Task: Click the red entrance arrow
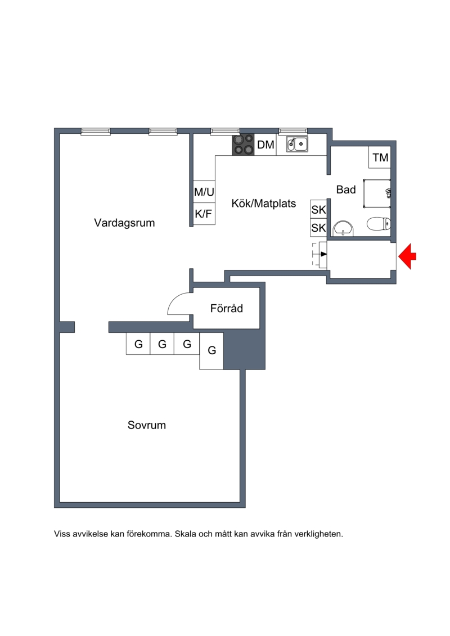(x=407, y=256)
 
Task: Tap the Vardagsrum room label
(x=124, y=223)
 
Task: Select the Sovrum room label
(x=146, y=425)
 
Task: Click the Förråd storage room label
(x=227, y=308)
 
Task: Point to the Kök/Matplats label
(x=264, y=203)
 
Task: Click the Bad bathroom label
(x=346, y=190)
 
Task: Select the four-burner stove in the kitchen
(x=243, y=145)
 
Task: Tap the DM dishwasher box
(x=265, y=145)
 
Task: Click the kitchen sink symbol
(x=297, y=144)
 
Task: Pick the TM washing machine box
(x=380, y=157)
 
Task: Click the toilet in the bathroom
(x=379, y=223)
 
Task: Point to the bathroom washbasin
(x=343, y=229)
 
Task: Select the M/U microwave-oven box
(x=204, y=191)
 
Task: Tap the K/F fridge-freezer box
(x=204, y=213)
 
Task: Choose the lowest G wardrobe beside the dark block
(x=211, y=351)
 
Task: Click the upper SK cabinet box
(x=318, y=209)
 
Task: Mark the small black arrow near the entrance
(x=323, y=254)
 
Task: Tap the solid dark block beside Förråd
(x=244, y=349)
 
